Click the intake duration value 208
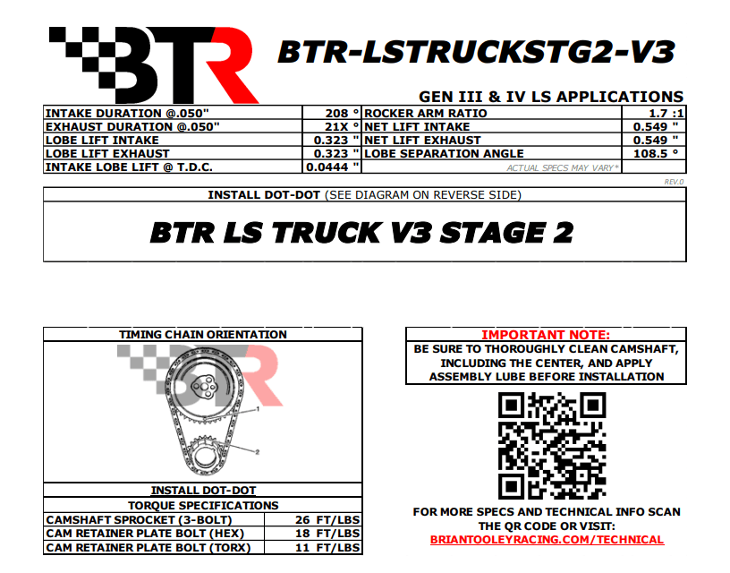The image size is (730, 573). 336,113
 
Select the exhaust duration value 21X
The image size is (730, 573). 336,127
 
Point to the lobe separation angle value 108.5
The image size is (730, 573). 650,154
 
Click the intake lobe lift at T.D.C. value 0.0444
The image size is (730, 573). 327,167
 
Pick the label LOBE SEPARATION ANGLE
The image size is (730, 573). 444,154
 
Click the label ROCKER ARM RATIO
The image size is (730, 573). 426,113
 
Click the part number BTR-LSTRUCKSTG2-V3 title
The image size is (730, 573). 476,52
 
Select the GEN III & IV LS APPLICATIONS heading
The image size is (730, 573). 551,97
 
